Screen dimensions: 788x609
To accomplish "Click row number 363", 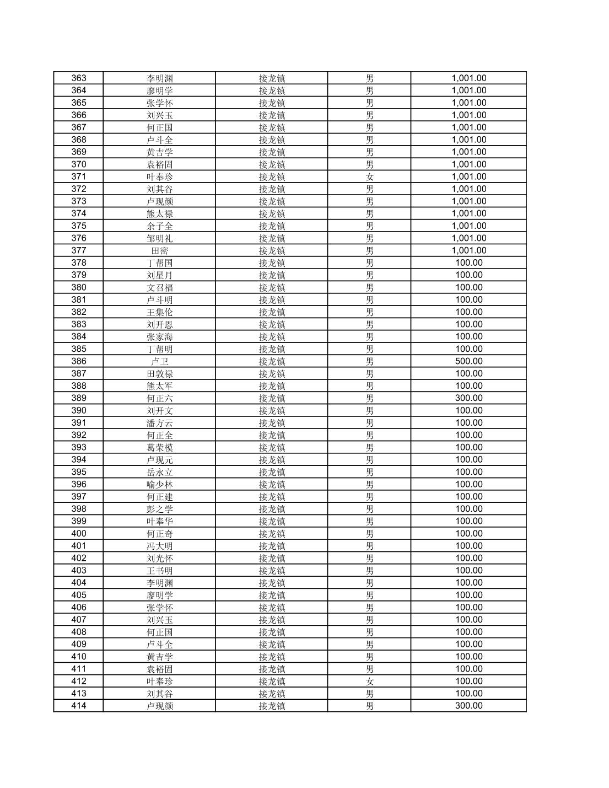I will tap(79, 78).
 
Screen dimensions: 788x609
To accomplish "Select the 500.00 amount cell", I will tap(468, 361).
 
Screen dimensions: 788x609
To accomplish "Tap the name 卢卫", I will tap(159, 361).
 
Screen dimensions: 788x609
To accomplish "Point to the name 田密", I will tap(159, 250).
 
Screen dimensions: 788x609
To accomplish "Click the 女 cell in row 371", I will tap(369, 176).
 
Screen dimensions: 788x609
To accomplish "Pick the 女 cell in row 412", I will tap(369, 681).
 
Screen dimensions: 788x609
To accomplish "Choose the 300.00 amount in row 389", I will tap(468, 398).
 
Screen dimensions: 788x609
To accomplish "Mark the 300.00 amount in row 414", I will tap(468, 706).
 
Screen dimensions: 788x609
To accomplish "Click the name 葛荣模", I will tap(159, 447).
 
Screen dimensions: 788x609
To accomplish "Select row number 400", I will tap(79, 533).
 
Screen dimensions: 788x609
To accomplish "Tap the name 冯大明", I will tap(159, 546).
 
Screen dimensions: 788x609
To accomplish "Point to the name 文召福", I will tap(159, 287).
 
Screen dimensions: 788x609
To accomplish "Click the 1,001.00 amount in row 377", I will tap(468, 250).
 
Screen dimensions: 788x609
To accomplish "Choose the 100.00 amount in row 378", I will tap(468, 262).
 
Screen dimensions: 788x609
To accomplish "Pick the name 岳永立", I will tap(159, 472).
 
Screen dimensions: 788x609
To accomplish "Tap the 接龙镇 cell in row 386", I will tap(272, 361).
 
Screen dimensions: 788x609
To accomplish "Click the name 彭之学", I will tap(159, 509).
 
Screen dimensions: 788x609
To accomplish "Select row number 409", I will tap(79, 644).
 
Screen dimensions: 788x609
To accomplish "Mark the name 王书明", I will tap(159, 570).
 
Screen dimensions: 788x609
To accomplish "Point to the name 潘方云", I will tap(159, 423).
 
